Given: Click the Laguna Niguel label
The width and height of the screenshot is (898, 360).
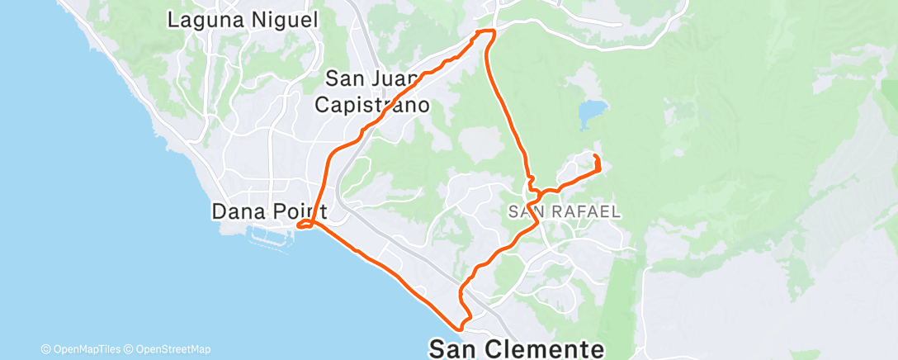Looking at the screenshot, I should pos(243,21).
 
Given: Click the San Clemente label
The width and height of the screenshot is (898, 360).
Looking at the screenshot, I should pos(517,348).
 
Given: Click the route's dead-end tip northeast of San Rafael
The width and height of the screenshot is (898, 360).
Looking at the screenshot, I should pos(596,155).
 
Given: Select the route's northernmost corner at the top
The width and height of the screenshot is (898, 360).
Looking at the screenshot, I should pos(487,31).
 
